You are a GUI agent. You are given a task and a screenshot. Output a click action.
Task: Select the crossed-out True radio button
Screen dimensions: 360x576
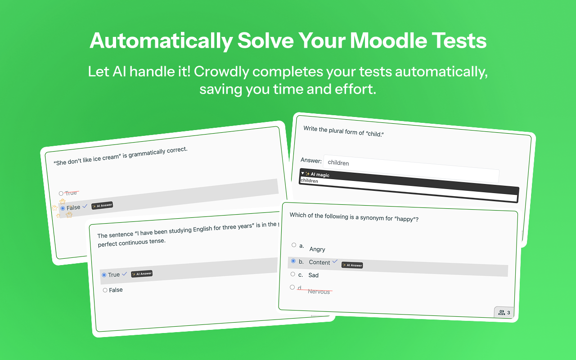click(x=61, y=193)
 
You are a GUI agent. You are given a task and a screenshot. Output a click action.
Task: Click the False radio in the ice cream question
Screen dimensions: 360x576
click(x=63, y=208)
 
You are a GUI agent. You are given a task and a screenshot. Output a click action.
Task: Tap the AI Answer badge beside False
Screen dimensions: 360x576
click(x=102, y=206)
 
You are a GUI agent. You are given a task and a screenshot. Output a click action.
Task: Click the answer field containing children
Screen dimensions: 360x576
click(x=410, y=167)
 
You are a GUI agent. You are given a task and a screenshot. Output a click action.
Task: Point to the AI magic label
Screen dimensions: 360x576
click(x=319, y=175)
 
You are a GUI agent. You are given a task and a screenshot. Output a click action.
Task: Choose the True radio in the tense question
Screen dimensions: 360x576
click(x=104, y=275)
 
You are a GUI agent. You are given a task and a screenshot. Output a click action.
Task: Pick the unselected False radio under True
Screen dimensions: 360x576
click(x=105, y=290)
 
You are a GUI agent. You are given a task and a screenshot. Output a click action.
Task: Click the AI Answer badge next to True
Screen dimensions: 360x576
click(x=142, y=274)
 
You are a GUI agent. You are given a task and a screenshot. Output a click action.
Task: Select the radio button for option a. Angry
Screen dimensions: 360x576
click(x=294, y=245)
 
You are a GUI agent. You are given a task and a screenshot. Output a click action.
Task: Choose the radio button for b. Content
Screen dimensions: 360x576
click(x=293, y=261)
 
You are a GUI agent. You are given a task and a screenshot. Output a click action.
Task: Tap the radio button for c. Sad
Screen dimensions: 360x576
click(x=293, y=274)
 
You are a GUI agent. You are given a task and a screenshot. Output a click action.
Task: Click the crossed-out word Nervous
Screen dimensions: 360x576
click(x=319, y=292)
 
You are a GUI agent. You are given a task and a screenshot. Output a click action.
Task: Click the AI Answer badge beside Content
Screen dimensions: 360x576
click(x=352, y=265)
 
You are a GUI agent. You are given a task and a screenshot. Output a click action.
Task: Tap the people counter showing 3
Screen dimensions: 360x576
click(x=504, y=313)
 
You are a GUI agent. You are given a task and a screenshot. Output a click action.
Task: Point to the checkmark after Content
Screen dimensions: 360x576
click(x=335, y=261)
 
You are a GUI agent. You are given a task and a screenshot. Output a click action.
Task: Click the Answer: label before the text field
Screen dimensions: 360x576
click(x=311, y=160)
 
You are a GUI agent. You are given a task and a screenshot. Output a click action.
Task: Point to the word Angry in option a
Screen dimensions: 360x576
click(x=317, y=249)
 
